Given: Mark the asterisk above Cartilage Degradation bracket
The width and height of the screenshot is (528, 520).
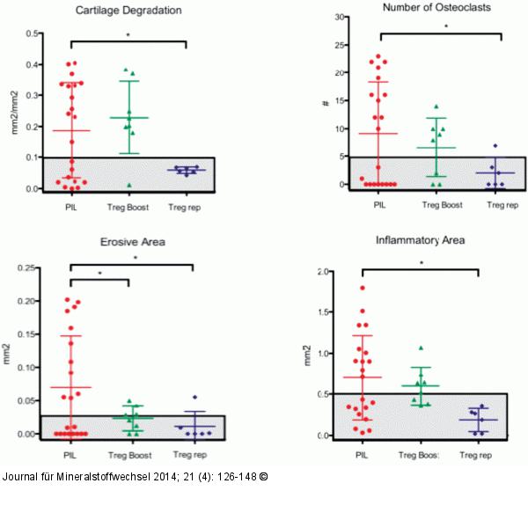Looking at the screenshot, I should coord(128,36).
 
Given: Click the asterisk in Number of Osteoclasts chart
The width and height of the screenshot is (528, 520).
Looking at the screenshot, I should coord(446,27).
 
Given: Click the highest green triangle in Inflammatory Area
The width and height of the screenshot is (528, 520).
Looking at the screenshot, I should coord(421,348).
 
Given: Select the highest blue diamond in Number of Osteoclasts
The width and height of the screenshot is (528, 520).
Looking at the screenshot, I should coord(495,145).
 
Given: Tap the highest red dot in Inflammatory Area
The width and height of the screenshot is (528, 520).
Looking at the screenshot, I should coord(361,288).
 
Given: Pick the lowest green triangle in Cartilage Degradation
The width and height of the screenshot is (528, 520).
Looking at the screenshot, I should coord(129,185).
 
